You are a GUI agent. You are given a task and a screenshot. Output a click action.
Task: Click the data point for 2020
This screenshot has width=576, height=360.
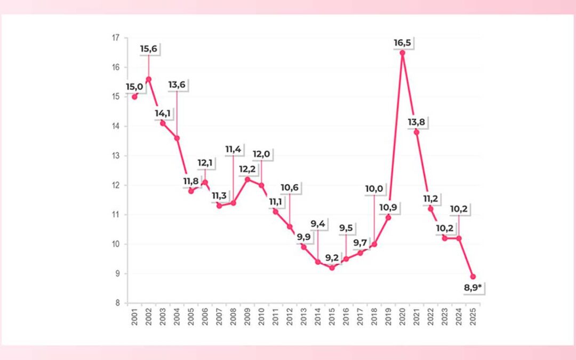tap(402, 52)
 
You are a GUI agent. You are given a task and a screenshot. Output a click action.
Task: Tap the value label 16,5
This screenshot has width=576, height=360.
tap(402, 42)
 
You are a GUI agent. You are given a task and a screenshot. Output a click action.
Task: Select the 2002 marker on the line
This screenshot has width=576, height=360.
tap(148, 79)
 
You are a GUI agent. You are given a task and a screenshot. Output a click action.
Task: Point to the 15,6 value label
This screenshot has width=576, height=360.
tap(149, 49)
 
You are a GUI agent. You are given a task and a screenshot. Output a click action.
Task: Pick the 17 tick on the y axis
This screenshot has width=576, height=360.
tap(116, 38)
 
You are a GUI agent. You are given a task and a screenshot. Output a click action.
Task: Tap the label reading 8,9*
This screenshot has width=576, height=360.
tap(473, 289)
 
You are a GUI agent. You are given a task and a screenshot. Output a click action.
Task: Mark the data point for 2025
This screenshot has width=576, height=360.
tap(473, 277)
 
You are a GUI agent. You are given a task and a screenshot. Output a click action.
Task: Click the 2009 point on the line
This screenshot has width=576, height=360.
tap(247, 179)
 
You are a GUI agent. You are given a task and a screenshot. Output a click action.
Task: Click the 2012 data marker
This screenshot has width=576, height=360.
tap(290, 227)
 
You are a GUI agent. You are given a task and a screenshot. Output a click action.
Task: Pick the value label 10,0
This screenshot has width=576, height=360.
tap(374, 188)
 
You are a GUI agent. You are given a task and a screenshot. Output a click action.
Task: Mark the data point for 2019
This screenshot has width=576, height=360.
tap(388, 218)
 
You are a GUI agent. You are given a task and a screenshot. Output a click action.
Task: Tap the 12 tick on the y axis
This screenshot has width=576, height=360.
tap(116, 185)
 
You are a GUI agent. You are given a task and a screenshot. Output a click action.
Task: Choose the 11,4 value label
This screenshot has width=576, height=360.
tap(233, 149)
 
